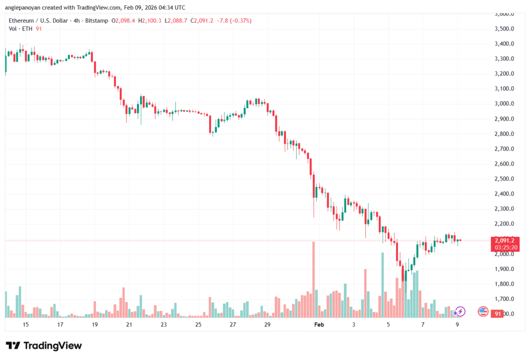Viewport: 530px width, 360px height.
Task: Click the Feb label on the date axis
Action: coord(319,324)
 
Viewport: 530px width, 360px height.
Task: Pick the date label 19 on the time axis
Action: coord(95,324)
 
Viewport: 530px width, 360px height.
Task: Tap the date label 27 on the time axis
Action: coord(233,324)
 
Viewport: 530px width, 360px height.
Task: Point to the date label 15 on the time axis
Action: coord(25,324)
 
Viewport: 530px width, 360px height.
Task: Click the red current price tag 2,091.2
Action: coord(505,240)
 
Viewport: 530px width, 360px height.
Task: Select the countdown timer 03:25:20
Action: coord(505,247)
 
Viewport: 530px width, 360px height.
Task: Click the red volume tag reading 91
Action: coord(498,313)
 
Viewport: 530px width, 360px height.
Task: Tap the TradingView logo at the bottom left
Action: coord(43,346)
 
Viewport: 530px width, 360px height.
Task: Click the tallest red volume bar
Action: coord(314,279)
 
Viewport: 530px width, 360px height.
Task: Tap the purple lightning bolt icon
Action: coord(460,311)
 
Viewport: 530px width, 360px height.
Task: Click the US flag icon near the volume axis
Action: coord(482,311)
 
